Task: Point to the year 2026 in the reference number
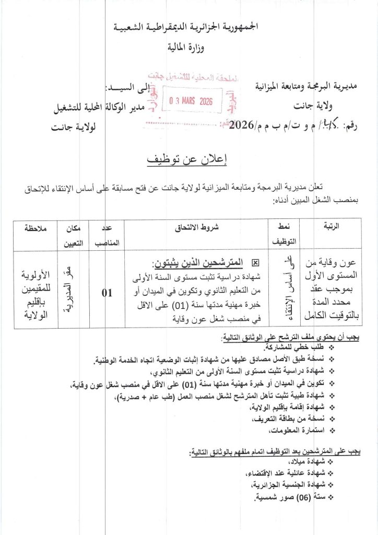pos(241,125)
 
